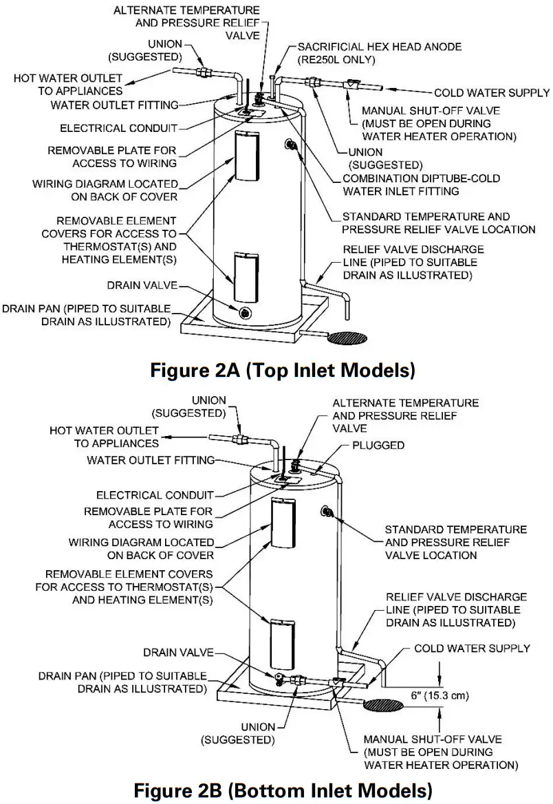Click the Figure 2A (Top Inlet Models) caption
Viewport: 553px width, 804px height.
tap(283, 371)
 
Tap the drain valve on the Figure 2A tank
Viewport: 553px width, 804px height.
tap(244, 312)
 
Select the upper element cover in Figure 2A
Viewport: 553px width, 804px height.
tap(244, 157)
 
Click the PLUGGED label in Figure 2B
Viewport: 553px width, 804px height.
tap(378, 445)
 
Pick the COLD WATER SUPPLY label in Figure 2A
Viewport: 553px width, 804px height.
tap(491, 93)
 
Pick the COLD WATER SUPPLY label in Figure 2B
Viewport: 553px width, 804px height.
tap(472, 648)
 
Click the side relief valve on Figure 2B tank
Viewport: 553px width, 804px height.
tap(328, 511)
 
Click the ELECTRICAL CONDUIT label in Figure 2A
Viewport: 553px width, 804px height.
tap(119, 128)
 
